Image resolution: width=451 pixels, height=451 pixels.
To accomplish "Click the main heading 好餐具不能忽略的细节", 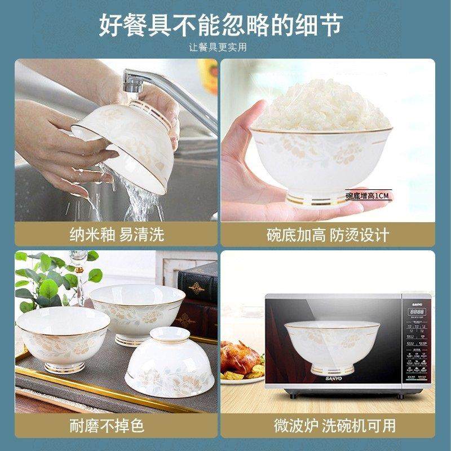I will point(225,24).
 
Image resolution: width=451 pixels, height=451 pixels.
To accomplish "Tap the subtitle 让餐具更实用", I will point(225,47).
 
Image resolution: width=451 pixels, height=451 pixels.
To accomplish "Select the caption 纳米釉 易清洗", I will point(116,235).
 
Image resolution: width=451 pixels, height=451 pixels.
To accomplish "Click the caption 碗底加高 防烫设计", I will point(335,235).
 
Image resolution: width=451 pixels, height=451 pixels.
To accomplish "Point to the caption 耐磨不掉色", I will point(116,425).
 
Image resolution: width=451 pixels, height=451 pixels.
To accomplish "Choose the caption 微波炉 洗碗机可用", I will point(335,425).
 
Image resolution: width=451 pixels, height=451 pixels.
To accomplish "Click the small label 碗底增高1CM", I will point(367,196).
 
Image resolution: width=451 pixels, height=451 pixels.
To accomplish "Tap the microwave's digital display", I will point(416,311).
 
